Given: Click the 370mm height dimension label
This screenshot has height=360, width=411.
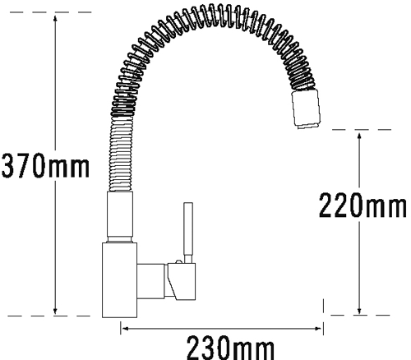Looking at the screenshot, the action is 45,166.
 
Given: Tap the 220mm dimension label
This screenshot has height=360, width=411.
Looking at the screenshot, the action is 363,205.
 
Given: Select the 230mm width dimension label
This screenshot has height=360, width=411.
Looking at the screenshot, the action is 230,348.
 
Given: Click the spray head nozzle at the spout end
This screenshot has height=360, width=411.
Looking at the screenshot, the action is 306,109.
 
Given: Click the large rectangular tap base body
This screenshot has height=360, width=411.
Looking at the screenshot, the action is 119,280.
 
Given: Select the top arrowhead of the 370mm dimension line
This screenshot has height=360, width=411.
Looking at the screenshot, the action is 55,19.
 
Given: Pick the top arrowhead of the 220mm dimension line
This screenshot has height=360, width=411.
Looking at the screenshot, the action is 359,136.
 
